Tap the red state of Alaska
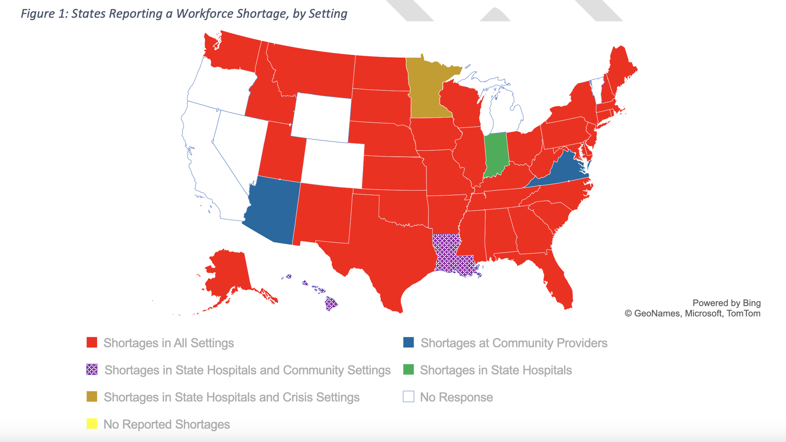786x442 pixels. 227,274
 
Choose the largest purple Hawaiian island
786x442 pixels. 330,304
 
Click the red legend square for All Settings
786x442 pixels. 92,343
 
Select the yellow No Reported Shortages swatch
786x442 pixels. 92,424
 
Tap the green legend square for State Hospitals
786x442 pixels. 409,370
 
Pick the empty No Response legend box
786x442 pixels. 409,397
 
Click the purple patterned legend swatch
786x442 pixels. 92,370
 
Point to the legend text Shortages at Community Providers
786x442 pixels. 514,343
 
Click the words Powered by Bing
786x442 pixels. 726,303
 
